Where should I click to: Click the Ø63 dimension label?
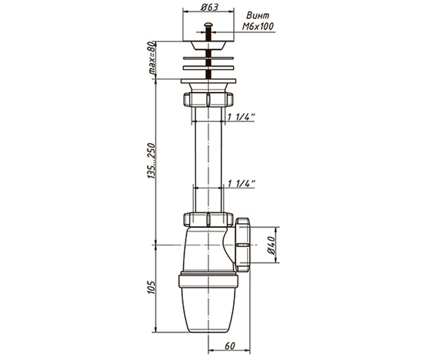[210, 8]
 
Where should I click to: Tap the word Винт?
[258, 16]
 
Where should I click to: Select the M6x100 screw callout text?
[258, 26]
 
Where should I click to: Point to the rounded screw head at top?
[208, 25]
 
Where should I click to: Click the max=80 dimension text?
[152, 58]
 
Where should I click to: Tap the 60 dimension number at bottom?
[230, 346]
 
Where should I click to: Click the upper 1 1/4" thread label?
[241, 117]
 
